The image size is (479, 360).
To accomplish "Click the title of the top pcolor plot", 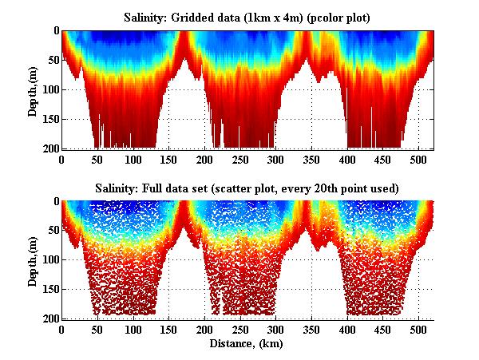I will [x=247, y=17].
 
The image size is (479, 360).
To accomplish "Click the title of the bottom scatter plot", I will [x=247, y=188].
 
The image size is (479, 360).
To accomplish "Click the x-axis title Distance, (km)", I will [x=247, y=344].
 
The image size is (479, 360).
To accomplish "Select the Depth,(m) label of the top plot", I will [x=33, y=90].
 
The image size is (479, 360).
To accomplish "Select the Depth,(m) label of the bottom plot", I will [x=33, y=261].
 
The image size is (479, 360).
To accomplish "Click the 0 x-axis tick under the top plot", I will [x=61, y=159].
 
